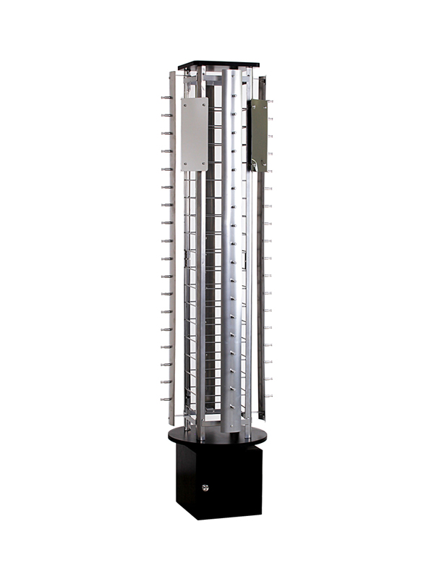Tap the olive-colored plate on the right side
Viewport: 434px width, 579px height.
(258, 135)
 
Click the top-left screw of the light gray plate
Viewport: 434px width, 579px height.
(184, 103)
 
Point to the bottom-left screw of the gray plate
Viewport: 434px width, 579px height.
(184, 166)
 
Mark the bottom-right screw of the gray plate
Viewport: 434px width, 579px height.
(204, 166)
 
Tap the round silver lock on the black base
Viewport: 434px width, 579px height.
(205, 487)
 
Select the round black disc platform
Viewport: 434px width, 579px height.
(217, 436)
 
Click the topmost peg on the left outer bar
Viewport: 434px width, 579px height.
(166, 97)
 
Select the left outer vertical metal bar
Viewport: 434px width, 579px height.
(172, 246)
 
